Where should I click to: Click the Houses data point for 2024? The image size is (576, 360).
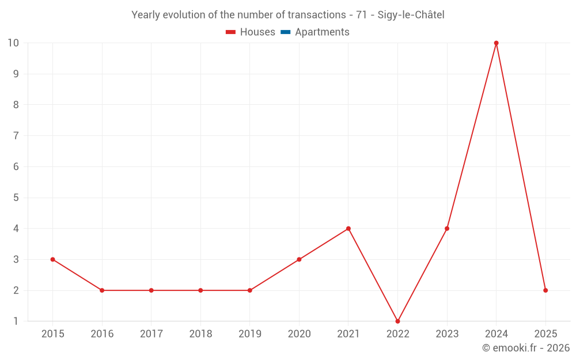click(496, 43)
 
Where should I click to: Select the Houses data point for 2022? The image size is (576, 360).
click(397, 321)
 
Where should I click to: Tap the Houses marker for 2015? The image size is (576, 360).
click(52, 259)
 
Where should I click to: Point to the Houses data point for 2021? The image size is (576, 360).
click(348, 229)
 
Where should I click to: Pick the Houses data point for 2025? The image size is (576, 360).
click(545, 290)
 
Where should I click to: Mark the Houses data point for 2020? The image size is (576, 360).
click(299, 259)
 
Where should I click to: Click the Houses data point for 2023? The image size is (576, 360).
click(447, 229)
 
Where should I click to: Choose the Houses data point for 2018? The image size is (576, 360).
click(200, 290)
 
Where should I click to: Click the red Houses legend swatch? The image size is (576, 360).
click(231, 32)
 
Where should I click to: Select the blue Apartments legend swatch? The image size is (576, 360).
click(285, 32)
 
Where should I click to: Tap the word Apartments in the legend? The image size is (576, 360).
click(322, 32)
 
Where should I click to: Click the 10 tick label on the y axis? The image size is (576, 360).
click(13, 43)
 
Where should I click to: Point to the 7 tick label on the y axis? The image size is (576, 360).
click(16, 136)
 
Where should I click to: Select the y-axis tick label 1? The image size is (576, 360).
click(16, 321)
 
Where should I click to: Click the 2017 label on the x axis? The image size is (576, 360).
click(151, 334)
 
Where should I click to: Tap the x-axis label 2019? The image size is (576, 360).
click(249, 334)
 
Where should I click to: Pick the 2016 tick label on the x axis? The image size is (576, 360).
click(102, 334)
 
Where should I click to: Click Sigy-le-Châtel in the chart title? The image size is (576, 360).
click(411, 15)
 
